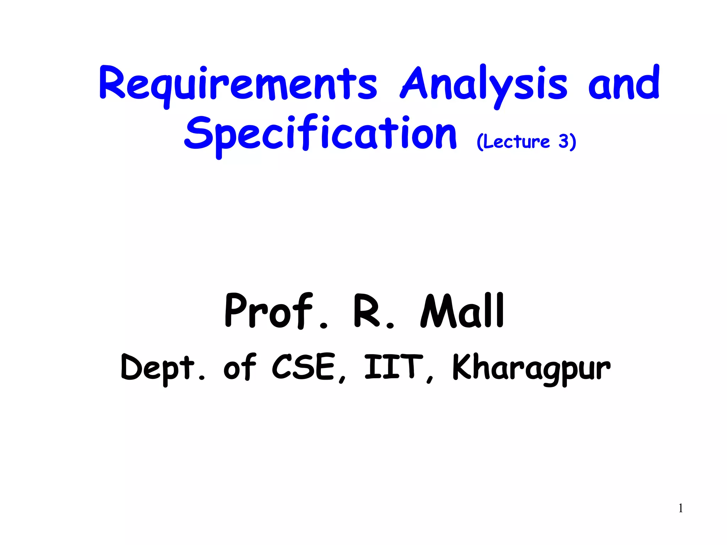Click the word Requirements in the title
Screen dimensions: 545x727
[238, 83]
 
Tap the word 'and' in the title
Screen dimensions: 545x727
[624, 83]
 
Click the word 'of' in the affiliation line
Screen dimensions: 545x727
[240, 367]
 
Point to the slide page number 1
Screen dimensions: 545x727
[680, 508]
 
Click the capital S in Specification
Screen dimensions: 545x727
[198, 132]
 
